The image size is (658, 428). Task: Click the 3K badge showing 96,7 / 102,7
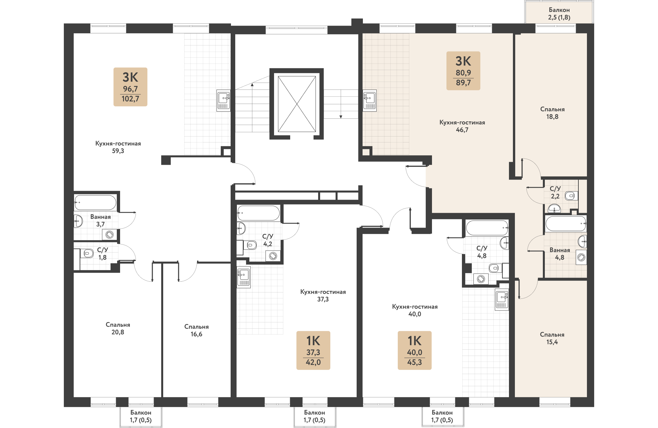tap(130, 87)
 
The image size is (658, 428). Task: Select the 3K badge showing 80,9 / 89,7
tap(463, 71)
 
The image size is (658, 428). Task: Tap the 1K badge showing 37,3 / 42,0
tap(313, 350)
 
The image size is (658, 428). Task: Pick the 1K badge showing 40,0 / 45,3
tap(415, 350)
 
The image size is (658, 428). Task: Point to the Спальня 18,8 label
tap(552, 113)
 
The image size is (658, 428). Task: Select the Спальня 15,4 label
tap(552, 338)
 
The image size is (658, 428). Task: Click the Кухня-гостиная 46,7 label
tap(462, 126)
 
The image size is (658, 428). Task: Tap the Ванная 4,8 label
tap(560, 254)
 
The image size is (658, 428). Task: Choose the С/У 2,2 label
tap(555, 192)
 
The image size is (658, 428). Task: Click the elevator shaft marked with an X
tap(297, 104)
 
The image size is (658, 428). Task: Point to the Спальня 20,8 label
tap(118, 328)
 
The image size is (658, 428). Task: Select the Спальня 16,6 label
tap(196, 330)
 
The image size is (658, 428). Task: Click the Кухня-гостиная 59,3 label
tap(118, 147)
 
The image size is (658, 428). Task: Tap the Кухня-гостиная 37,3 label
tap(323, 295)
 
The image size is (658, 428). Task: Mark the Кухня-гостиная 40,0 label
tap(415, 310)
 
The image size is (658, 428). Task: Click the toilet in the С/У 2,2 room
tap(571, 196)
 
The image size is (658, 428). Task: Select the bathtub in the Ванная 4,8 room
tap(566, 224)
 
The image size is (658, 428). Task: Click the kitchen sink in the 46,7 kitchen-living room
tap(369, 101)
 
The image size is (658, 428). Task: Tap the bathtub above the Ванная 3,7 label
tap(95, 202)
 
